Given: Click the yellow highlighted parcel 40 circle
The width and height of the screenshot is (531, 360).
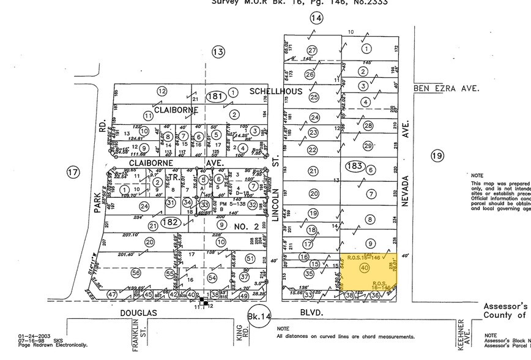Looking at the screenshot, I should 365,268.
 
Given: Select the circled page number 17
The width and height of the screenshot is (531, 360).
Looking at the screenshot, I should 73,172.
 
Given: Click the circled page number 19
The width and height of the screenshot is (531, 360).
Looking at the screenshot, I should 436,156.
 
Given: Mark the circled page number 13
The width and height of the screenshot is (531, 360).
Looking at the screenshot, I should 218,53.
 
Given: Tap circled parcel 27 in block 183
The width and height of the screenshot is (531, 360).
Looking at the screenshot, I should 313,50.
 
